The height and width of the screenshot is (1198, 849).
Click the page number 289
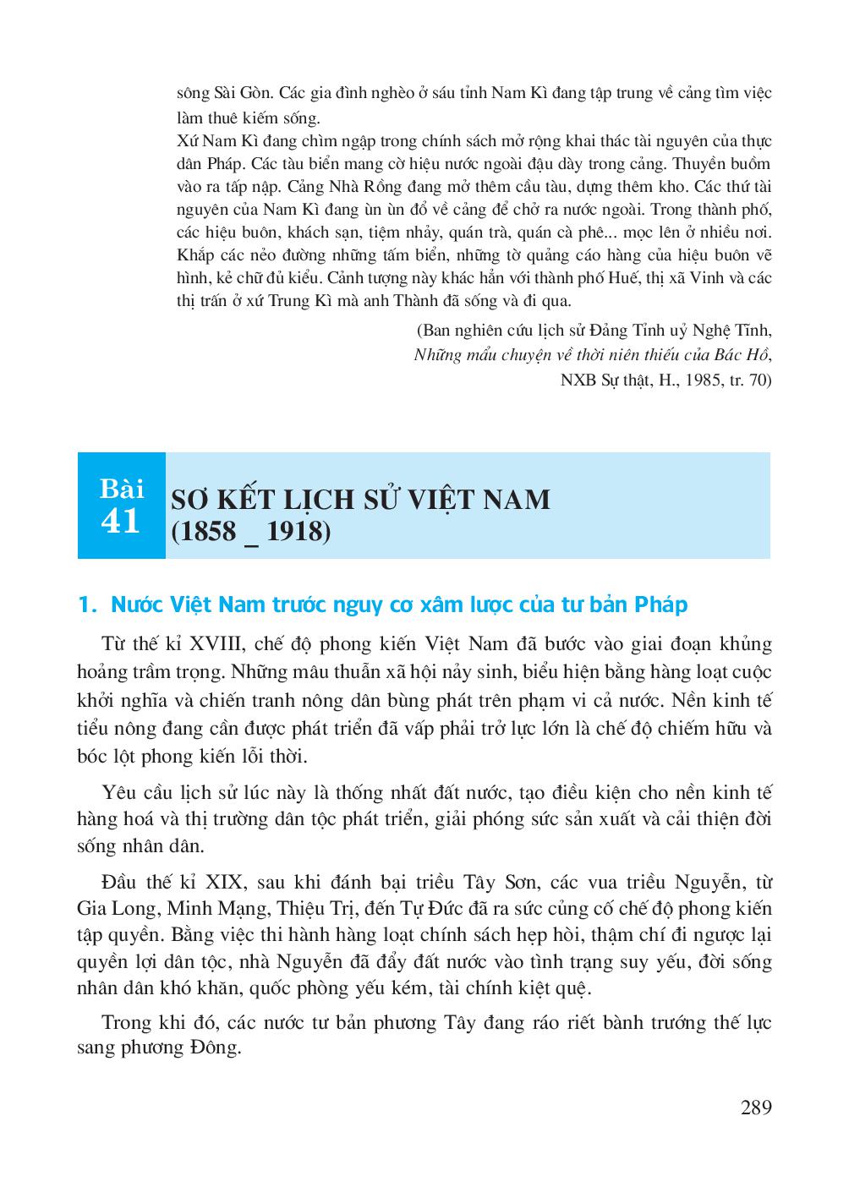click(x=755, y=1107)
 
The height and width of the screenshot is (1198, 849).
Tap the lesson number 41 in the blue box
click(x=120, y=522)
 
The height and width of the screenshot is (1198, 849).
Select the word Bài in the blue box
click(x=121, y=489)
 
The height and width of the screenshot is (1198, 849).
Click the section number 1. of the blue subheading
click(x=85, y=604)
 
